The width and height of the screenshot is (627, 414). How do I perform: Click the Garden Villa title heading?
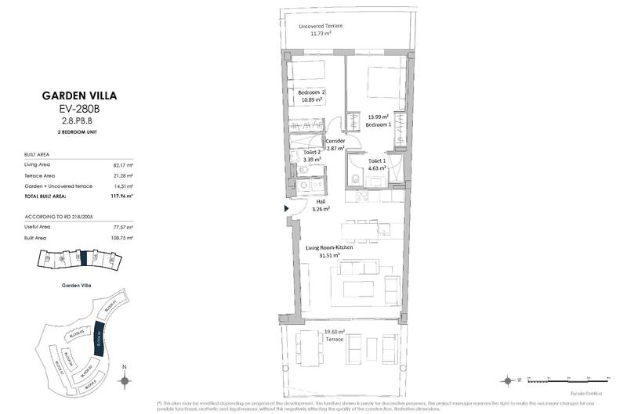pos(78,97)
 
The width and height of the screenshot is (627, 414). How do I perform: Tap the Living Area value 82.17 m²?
pos(122,165)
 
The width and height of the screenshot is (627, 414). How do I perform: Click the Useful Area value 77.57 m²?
pos(122,226)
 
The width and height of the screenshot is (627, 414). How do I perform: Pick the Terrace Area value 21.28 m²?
pos(122,175)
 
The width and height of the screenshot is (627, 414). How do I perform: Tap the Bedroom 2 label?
pos(311,92)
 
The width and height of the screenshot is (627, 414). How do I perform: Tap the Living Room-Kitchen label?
pos(328,247)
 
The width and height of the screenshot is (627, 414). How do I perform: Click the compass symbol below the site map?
pos(124,380)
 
